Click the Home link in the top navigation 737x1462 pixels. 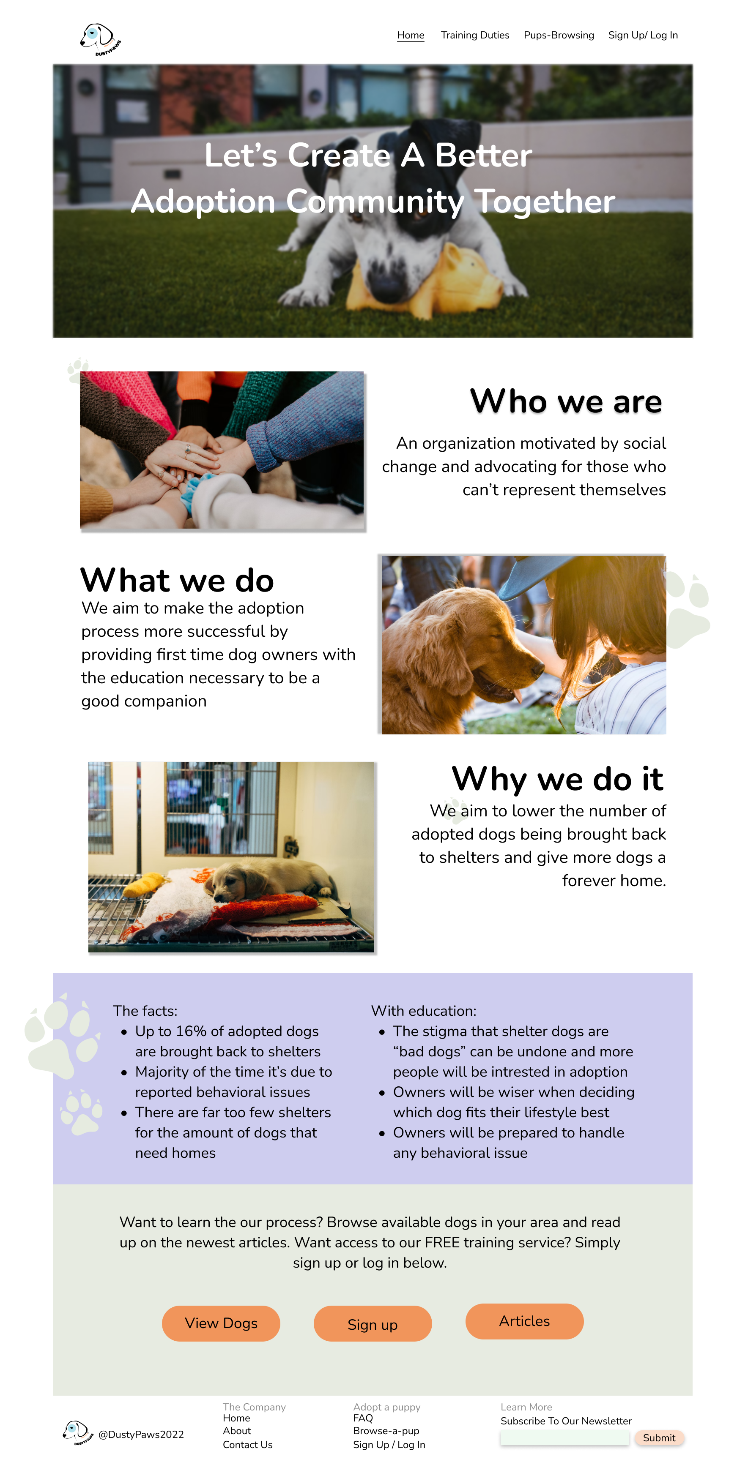point(411,35)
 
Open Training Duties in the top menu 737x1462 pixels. point(475,35)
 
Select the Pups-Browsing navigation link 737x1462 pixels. point(559,35)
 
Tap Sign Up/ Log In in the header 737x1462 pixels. point(643,35)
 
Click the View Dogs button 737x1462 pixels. point(221,1323)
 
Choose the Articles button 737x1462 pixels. point(524,1321)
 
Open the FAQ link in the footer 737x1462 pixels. point(363,1418)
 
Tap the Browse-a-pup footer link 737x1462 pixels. point(386,1431)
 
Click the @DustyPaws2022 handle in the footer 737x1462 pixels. point(141,1434)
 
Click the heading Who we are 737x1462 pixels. point(566,401)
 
